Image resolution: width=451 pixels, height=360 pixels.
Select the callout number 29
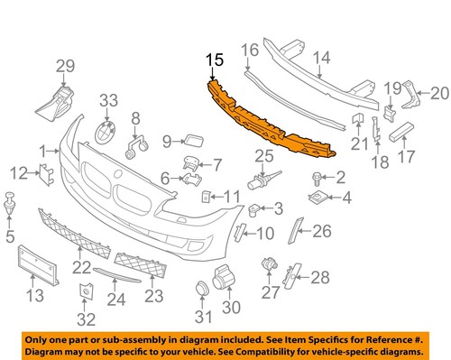click(64, 65)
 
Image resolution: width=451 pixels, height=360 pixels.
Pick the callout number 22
click(82, 267)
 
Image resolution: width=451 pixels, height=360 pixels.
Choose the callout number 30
click(232, 308)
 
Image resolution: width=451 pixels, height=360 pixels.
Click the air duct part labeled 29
click(59, 100)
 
